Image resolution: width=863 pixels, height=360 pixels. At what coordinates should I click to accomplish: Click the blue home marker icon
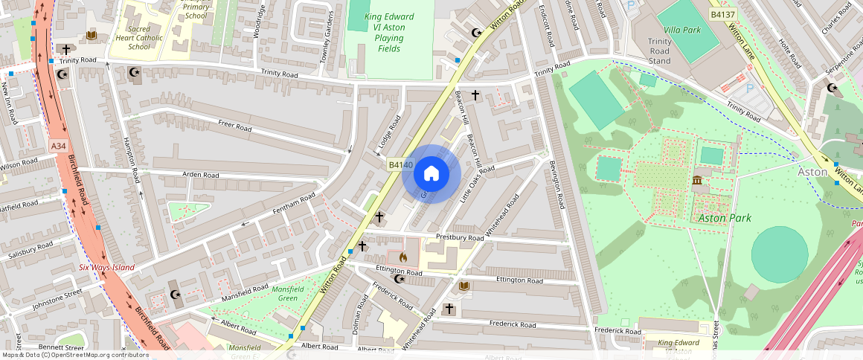[x=431, y=174]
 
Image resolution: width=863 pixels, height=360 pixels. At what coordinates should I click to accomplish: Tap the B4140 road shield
[x=400, y=164]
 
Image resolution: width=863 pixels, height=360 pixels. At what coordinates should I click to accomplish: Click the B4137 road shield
[x=722, y=14]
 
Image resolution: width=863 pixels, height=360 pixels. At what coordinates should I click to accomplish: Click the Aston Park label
[x=724, y=218]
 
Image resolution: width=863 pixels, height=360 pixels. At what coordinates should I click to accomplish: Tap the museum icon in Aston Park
[x=698, y=181]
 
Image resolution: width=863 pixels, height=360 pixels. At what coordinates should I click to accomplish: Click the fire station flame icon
[x=403, y=257]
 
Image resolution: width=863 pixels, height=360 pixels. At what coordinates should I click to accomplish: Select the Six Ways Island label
[x=107, y=267]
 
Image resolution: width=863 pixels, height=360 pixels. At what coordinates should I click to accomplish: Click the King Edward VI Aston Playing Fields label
[x=389, y=33]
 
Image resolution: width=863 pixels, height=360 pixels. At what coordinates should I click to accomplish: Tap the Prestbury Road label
[x=461, y=238]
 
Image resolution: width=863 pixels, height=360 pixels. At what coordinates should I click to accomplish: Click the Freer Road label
[x=234, y=126]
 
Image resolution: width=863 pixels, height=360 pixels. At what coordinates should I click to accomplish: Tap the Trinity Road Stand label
[x=660, y=51]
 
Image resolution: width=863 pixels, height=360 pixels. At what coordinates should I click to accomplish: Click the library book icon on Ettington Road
[x=464, y=286]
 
